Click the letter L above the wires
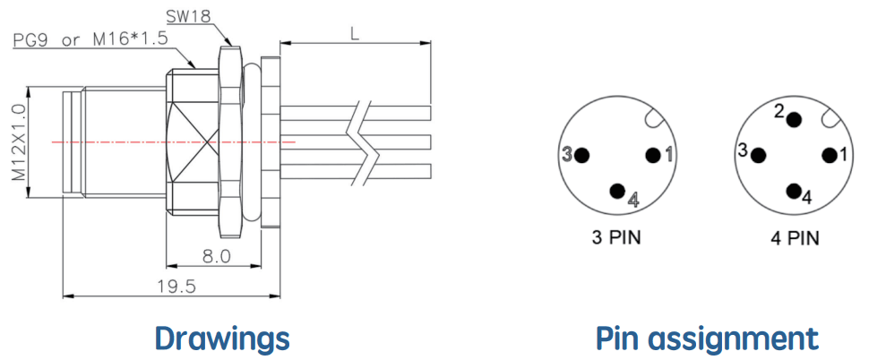tap(355, 34)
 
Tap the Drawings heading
tap(222, 339)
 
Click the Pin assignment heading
tap(707, 339)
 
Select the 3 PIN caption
tap(615, 238)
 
